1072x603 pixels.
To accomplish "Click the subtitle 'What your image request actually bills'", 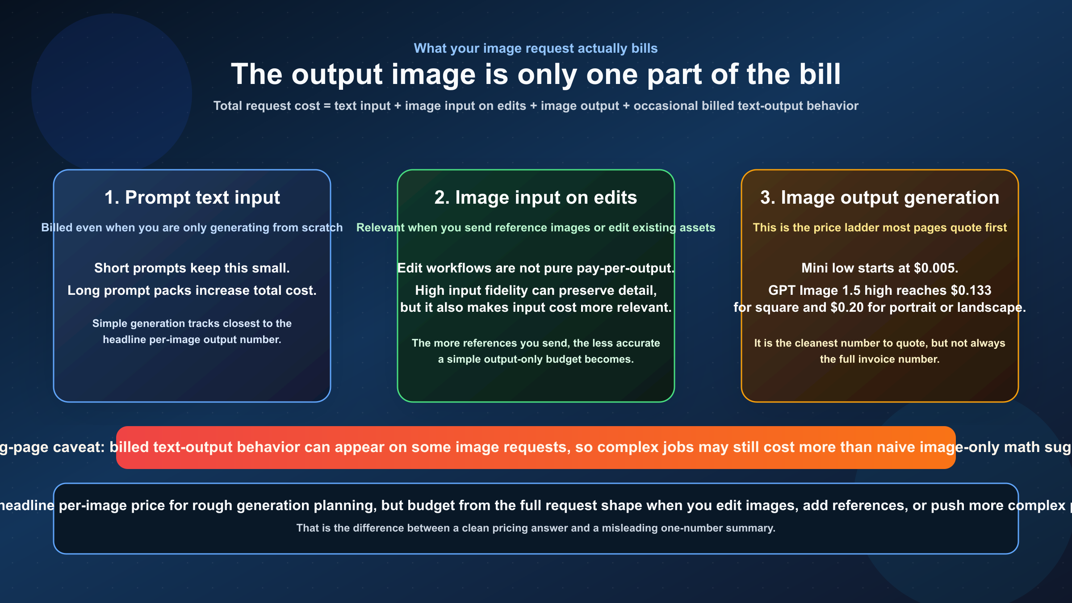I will click(x=536, y=48).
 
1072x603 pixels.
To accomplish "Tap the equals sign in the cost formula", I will click(x=327, y=106).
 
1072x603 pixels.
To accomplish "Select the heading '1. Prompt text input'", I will click(x=192, y=197).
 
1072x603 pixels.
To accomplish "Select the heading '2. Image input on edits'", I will click(x=536, y=197).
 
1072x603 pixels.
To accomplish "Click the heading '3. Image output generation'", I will click(x=879, y=197).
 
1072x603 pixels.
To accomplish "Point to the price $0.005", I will click(x=936, y=268).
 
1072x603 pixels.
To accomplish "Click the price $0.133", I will click(x=971, y=290).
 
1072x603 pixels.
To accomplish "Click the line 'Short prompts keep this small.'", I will click(x=192, y=268).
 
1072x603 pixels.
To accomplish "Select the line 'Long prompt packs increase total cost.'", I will click(x=192, y=290).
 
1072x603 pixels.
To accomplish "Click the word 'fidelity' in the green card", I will click(x=505, y=290).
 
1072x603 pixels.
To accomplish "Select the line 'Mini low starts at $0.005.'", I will click(x=879, y=268).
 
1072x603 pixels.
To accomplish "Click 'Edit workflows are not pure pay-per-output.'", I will click(x=536, y=268).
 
